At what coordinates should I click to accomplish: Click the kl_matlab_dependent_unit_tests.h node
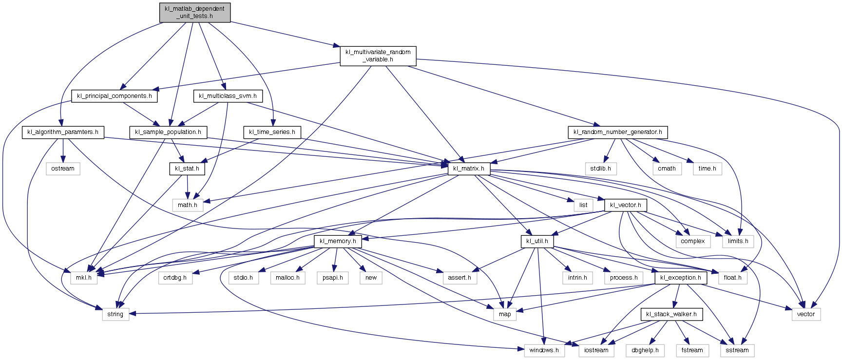pos(194,12)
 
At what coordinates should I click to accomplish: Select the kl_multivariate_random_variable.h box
pos(378,56)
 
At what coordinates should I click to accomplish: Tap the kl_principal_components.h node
pos(115,96)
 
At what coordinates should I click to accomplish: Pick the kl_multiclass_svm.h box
pos(228,96)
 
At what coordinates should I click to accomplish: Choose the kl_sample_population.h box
pos(168,132)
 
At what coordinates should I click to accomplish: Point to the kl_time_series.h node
pos(272,132)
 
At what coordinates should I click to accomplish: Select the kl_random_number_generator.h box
pos(617,132)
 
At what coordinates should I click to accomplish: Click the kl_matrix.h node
pos(469,169)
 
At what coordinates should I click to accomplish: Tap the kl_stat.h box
pos(187,169)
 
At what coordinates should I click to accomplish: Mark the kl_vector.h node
pos(626,205)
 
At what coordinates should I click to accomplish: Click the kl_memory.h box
pos(338,241)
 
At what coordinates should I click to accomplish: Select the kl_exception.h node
pos(681,278)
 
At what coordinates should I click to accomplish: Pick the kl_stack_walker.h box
pos(671,314)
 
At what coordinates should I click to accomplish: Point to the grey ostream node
pos(63,169)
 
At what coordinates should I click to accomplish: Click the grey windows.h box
pos(544,350)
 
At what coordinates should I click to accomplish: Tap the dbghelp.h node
pos(645,350)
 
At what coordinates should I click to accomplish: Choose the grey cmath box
pos(667,169)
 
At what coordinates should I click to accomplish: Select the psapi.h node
pos(333,278)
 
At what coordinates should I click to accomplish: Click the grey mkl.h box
pos(83,278)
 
